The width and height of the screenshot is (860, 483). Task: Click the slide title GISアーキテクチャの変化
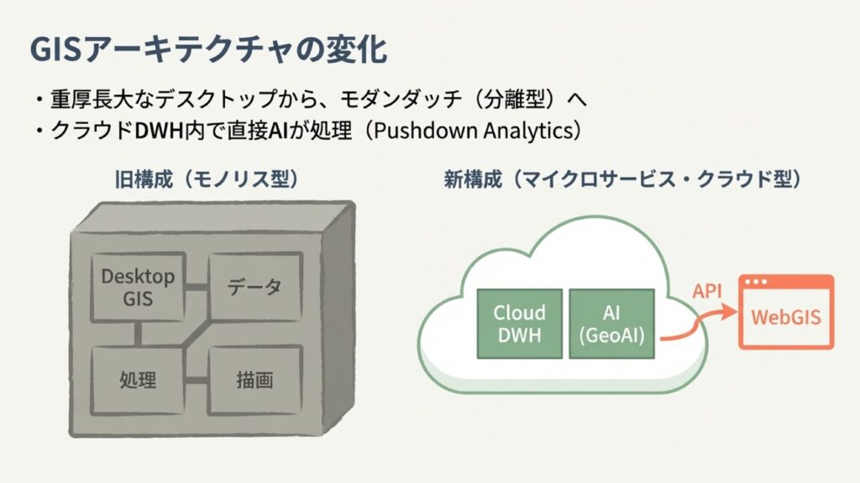point(208,50)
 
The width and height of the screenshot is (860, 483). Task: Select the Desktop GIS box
point(138,287)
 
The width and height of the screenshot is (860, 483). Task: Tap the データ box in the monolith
point(254,287)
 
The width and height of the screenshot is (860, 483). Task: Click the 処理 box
point(138,379)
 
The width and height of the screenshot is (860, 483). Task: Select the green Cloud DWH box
point(519,324)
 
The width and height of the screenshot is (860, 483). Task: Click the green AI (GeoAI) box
point(611,324)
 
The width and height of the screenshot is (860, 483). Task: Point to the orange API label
point(708,292)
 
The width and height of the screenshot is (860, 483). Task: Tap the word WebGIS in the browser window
point(786,318)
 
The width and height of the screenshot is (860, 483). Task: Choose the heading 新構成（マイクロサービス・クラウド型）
point(622,179)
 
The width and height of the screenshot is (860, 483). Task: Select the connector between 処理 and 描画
point(195,380)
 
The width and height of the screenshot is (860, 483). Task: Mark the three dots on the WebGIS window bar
point(760,283)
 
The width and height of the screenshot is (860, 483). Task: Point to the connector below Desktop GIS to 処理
point(138,333)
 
